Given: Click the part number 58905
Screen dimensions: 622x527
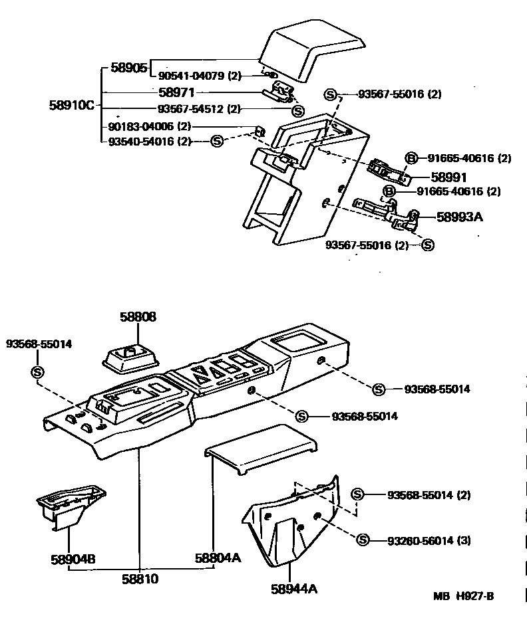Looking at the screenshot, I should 128,67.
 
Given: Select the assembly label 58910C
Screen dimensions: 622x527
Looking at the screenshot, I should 72,105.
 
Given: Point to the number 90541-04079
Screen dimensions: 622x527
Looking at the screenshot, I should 192,76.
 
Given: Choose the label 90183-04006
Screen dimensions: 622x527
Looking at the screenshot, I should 140,126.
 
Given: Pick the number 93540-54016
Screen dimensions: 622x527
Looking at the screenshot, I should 140,141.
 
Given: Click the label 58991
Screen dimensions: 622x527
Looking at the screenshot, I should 448,177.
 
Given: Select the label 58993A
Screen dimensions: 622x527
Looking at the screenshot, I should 459,217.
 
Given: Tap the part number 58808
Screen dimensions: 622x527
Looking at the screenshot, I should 138,318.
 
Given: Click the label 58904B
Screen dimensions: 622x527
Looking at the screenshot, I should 72,559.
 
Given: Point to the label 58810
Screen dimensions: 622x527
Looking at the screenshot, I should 140,579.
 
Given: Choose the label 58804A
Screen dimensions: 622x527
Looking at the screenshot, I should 218,559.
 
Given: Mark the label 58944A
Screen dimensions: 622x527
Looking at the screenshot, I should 293,589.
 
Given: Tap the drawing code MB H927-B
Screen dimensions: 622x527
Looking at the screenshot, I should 464,596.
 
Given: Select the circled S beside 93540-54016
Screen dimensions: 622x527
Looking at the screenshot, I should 216,141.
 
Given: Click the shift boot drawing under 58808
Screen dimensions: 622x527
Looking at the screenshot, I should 130,357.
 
